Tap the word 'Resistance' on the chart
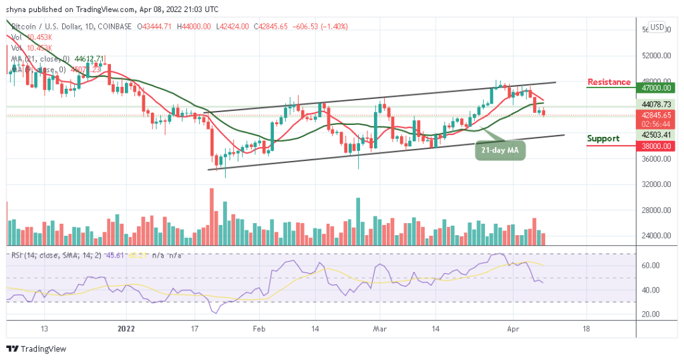(609, 82)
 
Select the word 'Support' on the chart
(603, 138)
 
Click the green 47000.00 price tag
(653, 87)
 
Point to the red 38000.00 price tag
(653, 146)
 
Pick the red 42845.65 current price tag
(653, 115)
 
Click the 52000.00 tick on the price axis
(653, 55)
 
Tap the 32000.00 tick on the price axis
(653, 184)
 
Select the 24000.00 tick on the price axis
(653, 236)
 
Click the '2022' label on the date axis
(126, 329)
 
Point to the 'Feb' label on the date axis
(259, 329)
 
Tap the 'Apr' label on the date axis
(512, 329)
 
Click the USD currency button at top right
(657, 27)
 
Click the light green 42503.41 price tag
(653, 135)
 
